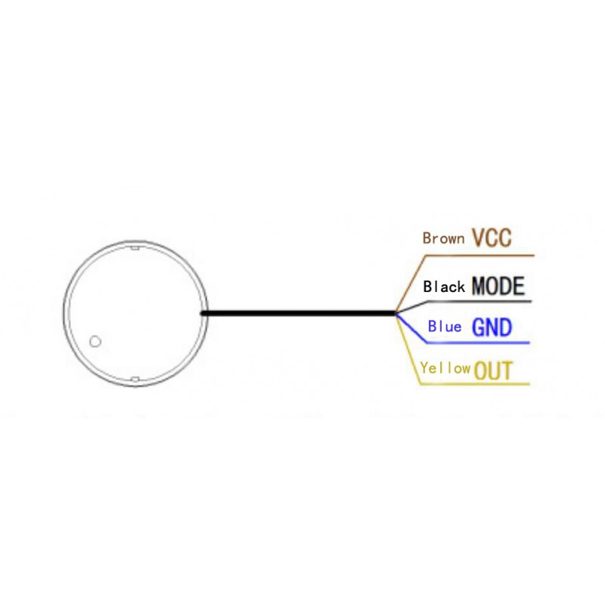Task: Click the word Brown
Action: (x=443, y=238)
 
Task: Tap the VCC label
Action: (x=492, y=237)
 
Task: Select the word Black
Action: (x=444, y=287)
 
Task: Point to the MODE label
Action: (x=498, y=286)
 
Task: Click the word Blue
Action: (x=445, y=327)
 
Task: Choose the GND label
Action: (x=492, y=327)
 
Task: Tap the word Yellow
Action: (x=445, y=368)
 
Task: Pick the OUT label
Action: (x=493, y=371)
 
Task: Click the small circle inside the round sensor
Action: (x=95, y=342)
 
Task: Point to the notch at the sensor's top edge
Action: (x=135, y=248)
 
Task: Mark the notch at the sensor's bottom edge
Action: (x=135, y=380)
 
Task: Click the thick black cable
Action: (x=298, y=313)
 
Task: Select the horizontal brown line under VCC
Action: (x=479, y=256)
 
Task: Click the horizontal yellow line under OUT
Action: (x=475, y=384)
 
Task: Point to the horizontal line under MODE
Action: (x=479, y=301)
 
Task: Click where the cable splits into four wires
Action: (x=396, y=313)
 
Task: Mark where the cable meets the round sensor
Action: (x=202, y=313)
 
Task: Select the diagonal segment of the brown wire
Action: (x=411, y=284)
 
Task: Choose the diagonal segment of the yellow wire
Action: (x=408, y=349)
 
